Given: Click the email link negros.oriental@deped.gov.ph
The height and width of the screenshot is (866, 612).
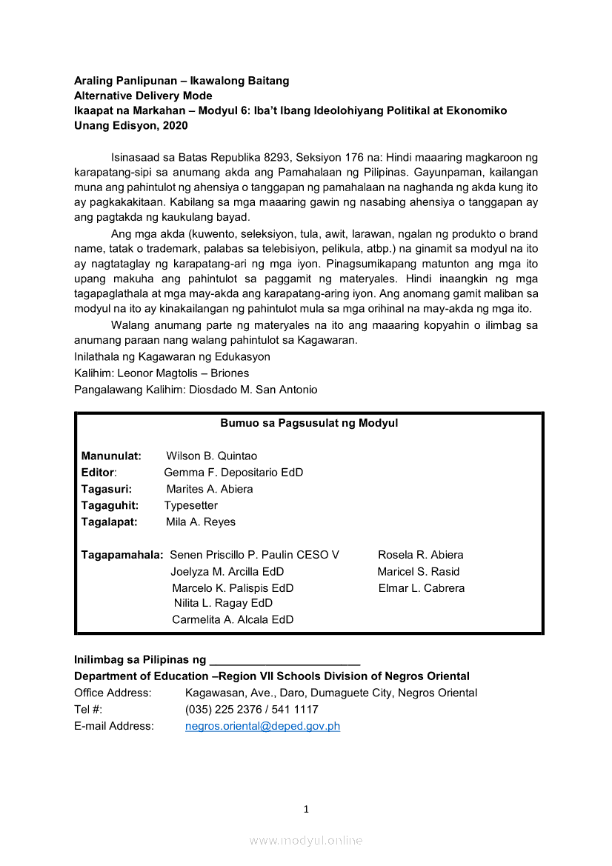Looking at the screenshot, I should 262,726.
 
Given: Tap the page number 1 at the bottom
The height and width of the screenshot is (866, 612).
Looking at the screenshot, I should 306,809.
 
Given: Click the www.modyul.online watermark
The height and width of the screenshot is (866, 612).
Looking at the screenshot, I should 306,840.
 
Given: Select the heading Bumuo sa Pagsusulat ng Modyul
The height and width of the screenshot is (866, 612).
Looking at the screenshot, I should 309,423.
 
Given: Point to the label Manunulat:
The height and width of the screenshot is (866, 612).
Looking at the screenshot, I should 111,456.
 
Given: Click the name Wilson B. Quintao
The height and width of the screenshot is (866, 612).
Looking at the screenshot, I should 211,456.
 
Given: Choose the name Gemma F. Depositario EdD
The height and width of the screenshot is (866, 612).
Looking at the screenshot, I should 233,473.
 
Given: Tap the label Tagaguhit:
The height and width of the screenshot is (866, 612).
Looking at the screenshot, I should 109,505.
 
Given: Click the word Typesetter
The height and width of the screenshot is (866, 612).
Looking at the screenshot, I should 191,505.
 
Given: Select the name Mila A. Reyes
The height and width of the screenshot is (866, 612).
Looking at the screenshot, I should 201,522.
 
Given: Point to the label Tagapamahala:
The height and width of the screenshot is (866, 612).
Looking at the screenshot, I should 122,555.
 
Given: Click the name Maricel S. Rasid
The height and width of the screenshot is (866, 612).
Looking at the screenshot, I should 418,571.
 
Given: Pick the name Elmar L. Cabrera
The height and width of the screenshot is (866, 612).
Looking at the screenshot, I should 422,588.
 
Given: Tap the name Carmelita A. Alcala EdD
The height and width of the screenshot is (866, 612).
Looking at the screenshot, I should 233,619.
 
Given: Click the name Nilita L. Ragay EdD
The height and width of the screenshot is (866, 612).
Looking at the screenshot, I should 223,603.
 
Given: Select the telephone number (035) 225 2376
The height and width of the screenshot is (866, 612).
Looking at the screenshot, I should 219,710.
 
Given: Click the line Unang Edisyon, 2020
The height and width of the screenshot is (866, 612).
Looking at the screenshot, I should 131,125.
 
